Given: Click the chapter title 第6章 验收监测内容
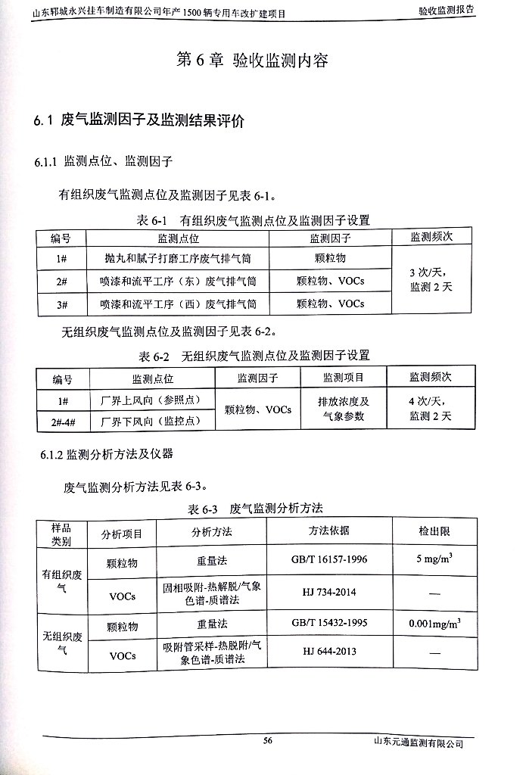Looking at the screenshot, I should coord(252,62).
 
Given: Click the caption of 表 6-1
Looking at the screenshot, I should coord(252,220).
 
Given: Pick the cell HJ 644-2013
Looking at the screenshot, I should coord(328,652).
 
